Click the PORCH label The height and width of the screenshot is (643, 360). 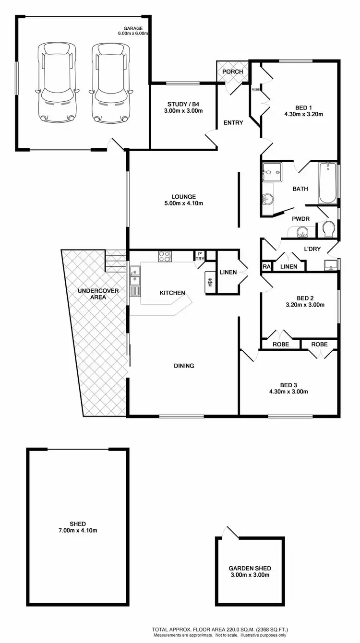tap(232, 72)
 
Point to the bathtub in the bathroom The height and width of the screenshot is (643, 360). tap(328, 184)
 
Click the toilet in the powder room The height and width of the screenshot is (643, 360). tap(329, 229)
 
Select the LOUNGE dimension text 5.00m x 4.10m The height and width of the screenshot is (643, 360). tap(184, 203)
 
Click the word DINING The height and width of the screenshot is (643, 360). tap(184, 366)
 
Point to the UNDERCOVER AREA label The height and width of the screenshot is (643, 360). tap(92, 294)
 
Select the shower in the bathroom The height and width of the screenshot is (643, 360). tap(272, 171)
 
